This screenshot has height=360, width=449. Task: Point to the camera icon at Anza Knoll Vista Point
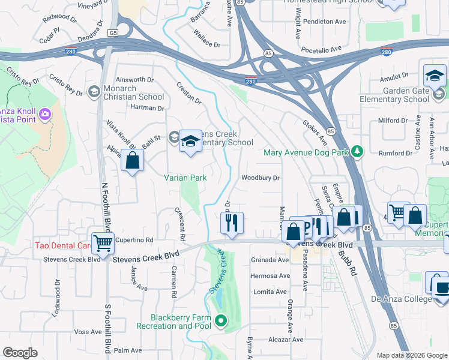44,114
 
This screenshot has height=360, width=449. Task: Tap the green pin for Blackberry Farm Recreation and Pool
220,321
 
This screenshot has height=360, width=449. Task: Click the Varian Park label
185,178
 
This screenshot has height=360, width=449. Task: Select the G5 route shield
112,32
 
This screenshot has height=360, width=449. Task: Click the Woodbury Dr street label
261,178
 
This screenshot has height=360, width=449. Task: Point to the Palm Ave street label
127,350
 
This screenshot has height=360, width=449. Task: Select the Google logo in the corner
20,353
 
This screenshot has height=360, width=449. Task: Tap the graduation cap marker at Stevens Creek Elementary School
191,142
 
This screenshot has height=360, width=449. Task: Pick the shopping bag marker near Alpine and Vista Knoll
132,161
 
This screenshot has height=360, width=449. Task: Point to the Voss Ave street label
88,332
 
